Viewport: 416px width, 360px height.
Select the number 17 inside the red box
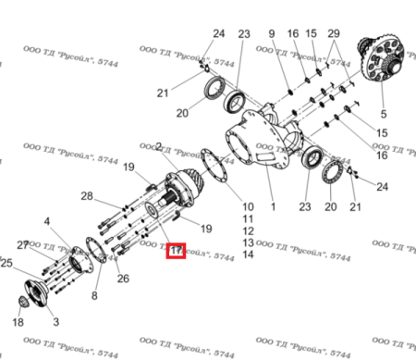tap(175, 249)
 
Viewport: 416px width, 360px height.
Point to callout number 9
tap(272, 34)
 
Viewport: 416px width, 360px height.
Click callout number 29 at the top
tap(334, 34)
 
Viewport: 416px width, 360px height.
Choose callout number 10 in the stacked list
tap(248, 205)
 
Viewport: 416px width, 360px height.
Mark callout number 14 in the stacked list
tap(248, 254)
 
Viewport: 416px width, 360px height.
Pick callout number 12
tap(248, 230)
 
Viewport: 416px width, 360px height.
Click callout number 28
tap(86, 196)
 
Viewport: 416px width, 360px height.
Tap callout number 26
tap(123, 279)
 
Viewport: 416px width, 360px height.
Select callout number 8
tap(93, 295)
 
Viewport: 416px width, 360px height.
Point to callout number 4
tap(46, 221)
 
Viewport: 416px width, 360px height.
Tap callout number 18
tap(18, 323)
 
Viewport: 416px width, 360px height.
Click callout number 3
tap(55, 321)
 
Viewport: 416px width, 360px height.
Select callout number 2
tap(160, 147)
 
